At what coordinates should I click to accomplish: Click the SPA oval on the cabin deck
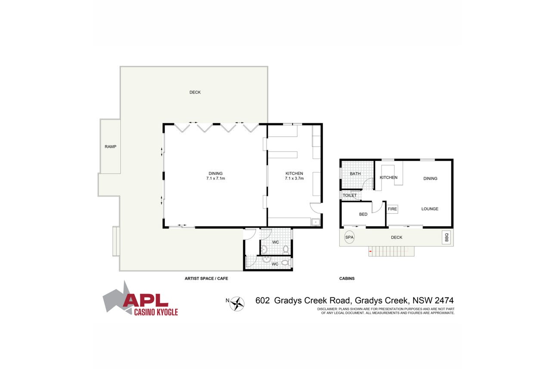[x=349, y=237]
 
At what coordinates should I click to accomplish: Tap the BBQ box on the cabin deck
[x=446, y=237]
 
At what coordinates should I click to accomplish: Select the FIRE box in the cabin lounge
[x=392, y=209]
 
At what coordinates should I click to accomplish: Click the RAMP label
[x=110, y=147]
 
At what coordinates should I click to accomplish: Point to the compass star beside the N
[x=237, y=304]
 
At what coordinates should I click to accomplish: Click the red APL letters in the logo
[x=146, y=300]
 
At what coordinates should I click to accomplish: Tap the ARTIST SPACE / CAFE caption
[x=206, y=278]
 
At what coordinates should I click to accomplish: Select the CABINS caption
[x=347, y=278]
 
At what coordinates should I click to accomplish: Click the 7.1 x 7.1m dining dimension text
[x=216, y=178]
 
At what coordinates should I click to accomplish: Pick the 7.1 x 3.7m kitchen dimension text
[x=294, y=178]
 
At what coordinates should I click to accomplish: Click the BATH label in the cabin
[x=355, y=174]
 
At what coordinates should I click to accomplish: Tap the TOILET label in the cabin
[x=350, y=196]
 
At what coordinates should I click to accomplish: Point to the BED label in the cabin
[x=363, y=214]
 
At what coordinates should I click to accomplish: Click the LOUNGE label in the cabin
[x=430, y=209]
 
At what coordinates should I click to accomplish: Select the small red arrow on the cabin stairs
[x=370, y=251]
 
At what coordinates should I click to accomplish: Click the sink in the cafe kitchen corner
[x=316, y=222]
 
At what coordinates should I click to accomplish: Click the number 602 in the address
[x=262, y=300]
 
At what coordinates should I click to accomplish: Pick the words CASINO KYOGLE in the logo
[x=156, y=312]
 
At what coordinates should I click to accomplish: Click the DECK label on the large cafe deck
[x=195, y=92]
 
